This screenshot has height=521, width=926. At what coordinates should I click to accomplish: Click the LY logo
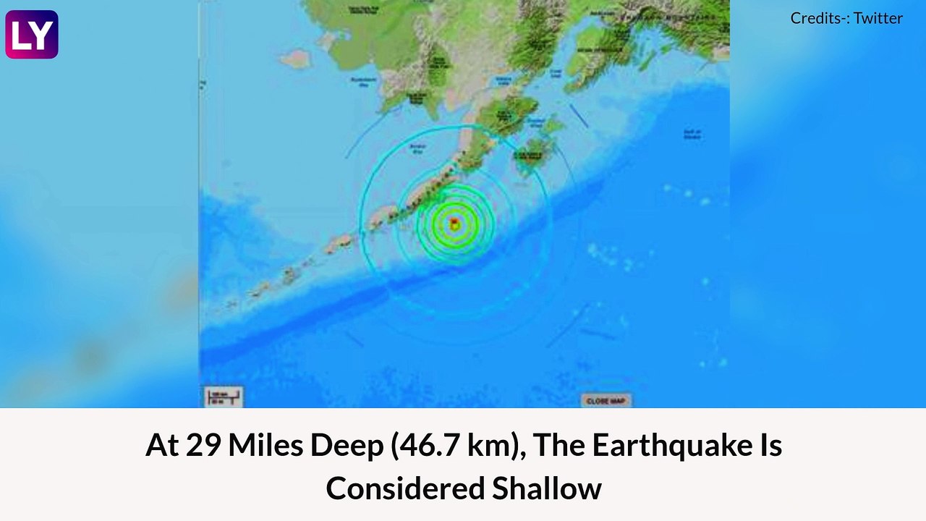(32, 34)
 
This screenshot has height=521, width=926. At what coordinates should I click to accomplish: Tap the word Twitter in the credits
(878, 18)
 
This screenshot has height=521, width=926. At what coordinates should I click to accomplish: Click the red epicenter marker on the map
(454, 223)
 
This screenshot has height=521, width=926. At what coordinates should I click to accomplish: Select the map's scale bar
(223, 397)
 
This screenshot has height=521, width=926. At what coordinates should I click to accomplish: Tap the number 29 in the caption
(203, 446)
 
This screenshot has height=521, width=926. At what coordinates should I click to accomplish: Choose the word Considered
(404, 488)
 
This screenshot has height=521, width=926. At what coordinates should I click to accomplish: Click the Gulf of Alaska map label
(692, 134)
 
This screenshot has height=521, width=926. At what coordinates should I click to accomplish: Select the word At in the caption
(162, 446)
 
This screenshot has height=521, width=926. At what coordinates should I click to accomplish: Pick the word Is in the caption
(769, 446)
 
